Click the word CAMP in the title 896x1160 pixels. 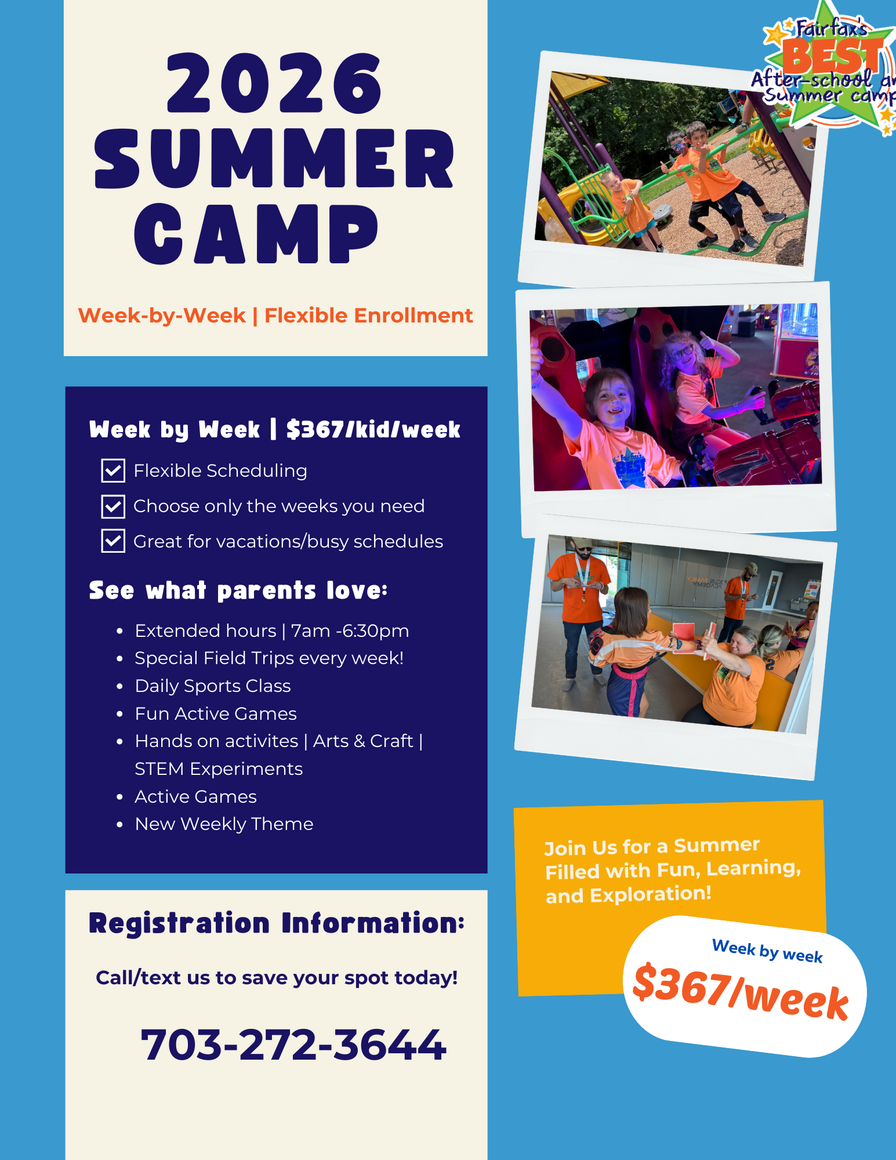pyautogui.click(x=256, y=234)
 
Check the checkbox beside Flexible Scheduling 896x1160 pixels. pyautogui.click(x=113, y=470)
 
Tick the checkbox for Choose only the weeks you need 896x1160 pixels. pyautogui.click(x=113, y=506)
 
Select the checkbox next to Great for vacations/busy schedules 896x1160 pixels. pyautogui.click(x=113, y=541)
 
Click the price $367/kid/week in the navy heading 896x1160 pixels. pyautogui.click(x=373, y=430)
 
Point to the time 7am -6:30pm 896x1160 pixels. pyautogui.click(x=350, y=630)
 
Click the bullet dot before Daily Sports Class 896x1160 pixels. pyautogui.click(x=119, y=686)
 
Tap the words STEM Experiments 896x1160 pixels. pyautogui.click(x=219, y=769)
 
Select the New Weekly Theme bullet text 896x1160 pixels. pyautogui.click(x=224, y=824)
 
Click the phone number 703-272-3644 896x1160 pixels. pyautogui.click(x=293, y=1045)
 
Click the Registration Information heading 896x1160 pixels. pyautogui.click(x=277, y=923)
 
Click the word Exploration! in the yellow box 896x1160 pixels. pyautogui.click(x=651, y=894)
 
